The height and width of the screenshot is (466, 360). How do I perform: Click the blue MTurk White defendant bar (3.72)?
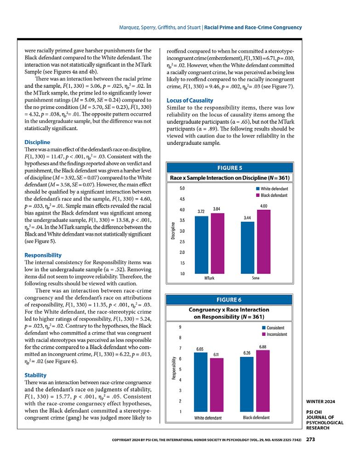[x=201, y=245]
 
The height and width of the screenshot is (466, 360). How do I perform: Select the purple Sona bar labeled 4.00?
[x=263, y=242]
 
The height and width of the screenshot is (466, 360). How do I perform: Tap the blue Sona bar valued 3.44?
[x=248, y=247]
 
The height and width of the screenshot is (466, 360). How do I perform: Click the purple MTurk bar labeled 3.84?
[x=217, y=243]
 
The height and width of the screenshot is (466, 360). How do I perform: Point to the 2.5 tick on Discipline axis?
[x=182, y=242]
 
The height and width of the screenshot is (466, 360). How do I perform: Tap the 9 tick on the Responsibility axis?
[x=180, y=327]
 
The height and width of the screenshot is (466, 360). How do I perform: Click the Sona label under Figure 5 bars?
[x=255, y=278]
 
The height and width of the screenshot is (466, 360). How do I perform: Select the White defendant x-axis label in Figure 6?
[x=208, y=418]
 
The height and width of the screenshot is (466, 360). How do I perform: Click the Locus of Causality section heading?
[x=189, y=100]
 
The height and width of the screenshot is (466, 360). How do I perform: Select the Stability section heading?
[x=35, y=375]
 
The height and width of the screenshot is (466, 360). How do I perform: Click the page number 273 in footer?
[x=310, y=440]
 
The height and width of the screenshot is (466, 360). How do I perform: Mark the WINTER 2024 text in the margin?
[x=320, y=402]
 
